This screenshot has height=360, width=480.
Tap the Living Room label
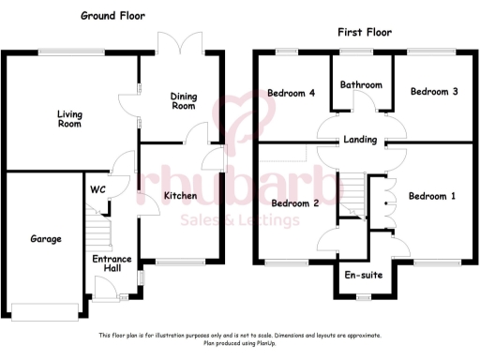coord(68,119)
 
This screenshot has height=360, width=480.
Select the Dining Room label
coord(183,100)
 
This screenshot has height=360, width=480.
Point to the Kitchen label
coord(179,195)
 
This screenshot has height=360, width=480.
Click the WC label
coord(97,189)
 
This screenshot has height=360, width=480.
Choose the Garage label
coord(43,239)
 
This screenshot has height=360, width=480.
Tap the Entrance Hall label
coord(111,263)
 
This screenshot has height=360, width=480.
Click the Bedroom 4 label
coord(291,93)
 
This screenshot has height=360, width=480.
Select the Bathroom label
coord(361,85)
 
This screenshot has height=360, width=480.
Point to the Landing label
coord(360,141)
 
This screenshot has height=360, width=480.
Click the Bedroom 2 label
coord(296,202)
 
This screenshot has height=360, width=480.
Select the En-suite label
coord(363,277)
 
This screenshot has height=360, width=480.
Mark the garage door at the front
coord(42,309)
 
